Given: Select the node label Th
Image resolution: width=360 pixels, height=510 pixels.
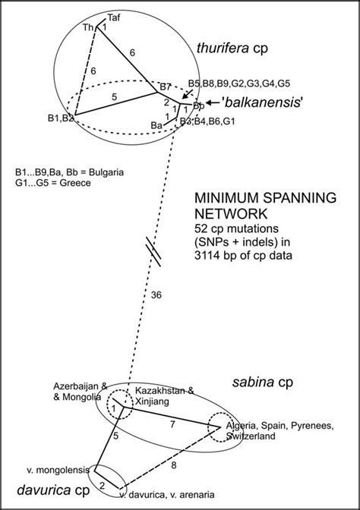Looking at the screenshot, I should coord(88,28).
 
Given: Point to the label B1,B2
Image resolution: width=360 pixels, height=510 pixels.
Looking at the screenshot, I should coord(59,118).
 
